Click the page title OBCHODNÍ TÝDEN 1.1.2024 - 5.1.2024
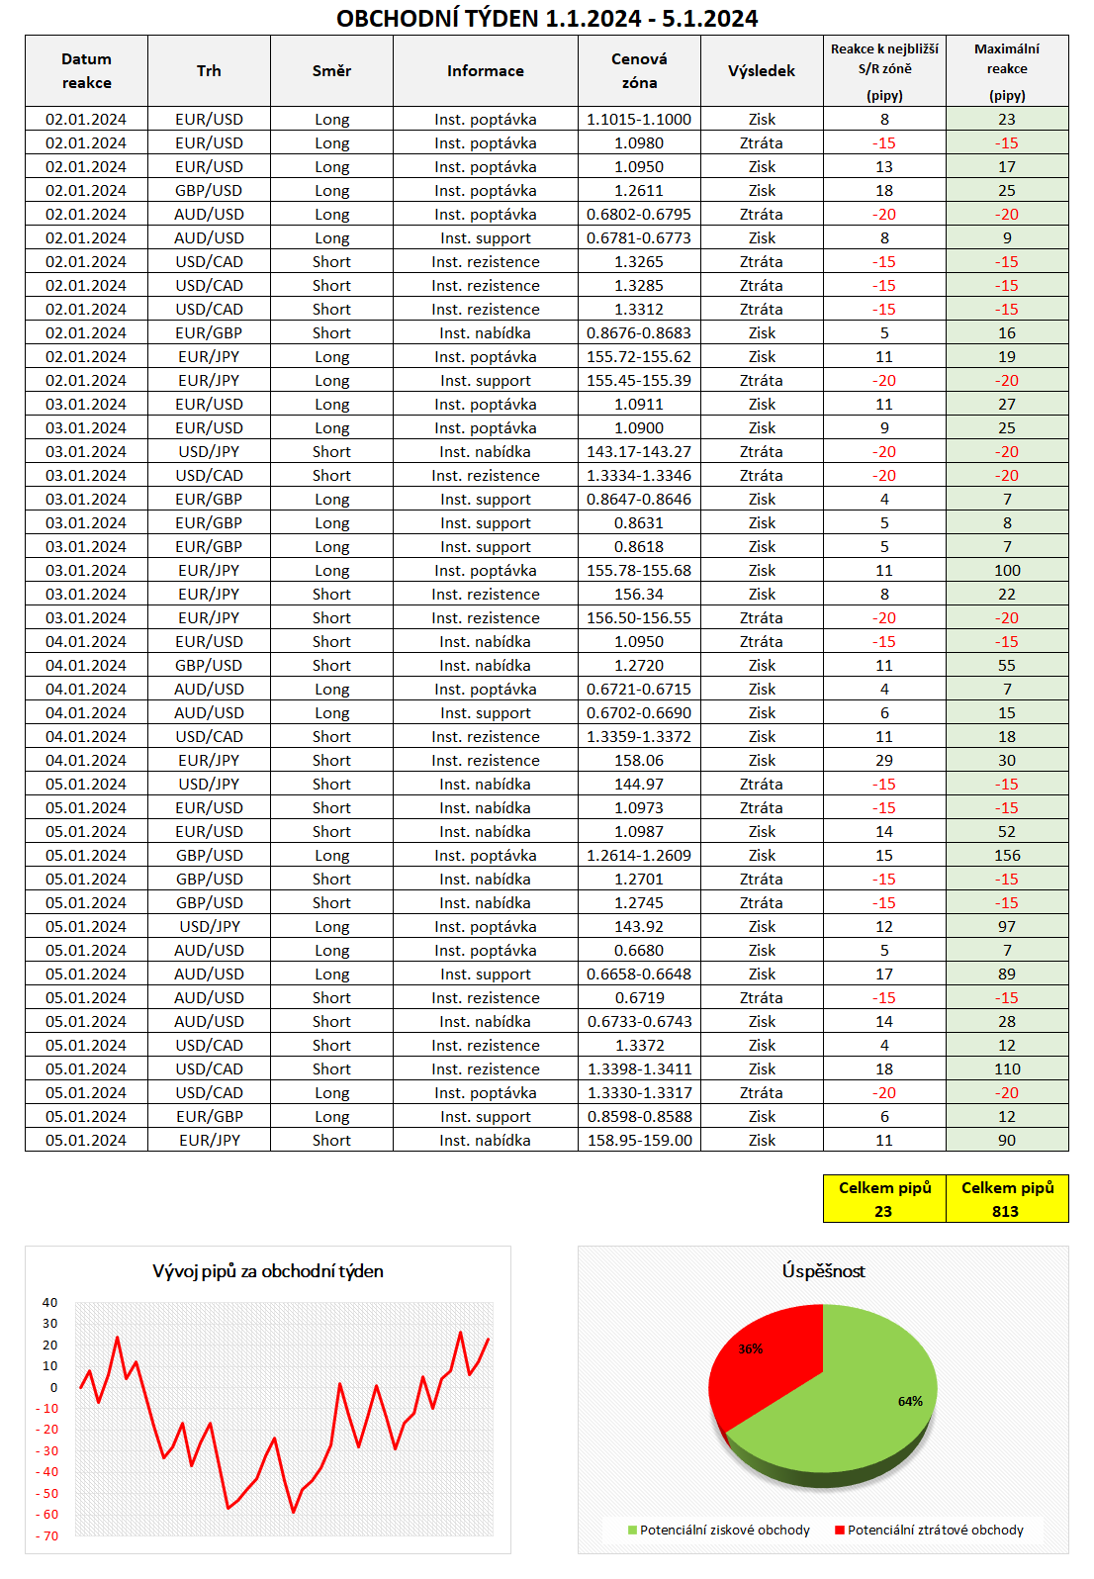(x=547, y=18)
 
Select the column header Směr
(x=331, y=71)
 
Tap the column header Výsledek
(x=761, y=71)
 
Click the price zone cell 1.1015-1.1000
(x=639, y=120)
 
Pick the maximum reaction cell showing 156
(x=1007, y=856)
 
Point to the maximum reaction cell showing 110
(x=1007, y=1069)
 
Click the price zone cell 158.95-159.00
(x=639, y=1141)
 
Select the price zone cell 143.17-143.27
(x=639, y=452)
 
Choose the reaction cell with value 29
(x=884, y=761)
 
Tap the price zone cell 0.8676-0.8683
(x=639, y=333)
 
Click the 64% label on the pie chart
(x=910, y=1401)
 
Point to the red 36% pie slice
(x=767, y=1360)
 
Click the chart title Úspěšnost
(x=823, y=1271)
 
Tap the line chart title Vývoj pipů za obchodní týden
(x=268, y=1271)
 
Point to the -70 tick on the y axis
(x=47, y=1536)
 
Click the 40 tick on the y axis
(x=49, y=1303)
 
